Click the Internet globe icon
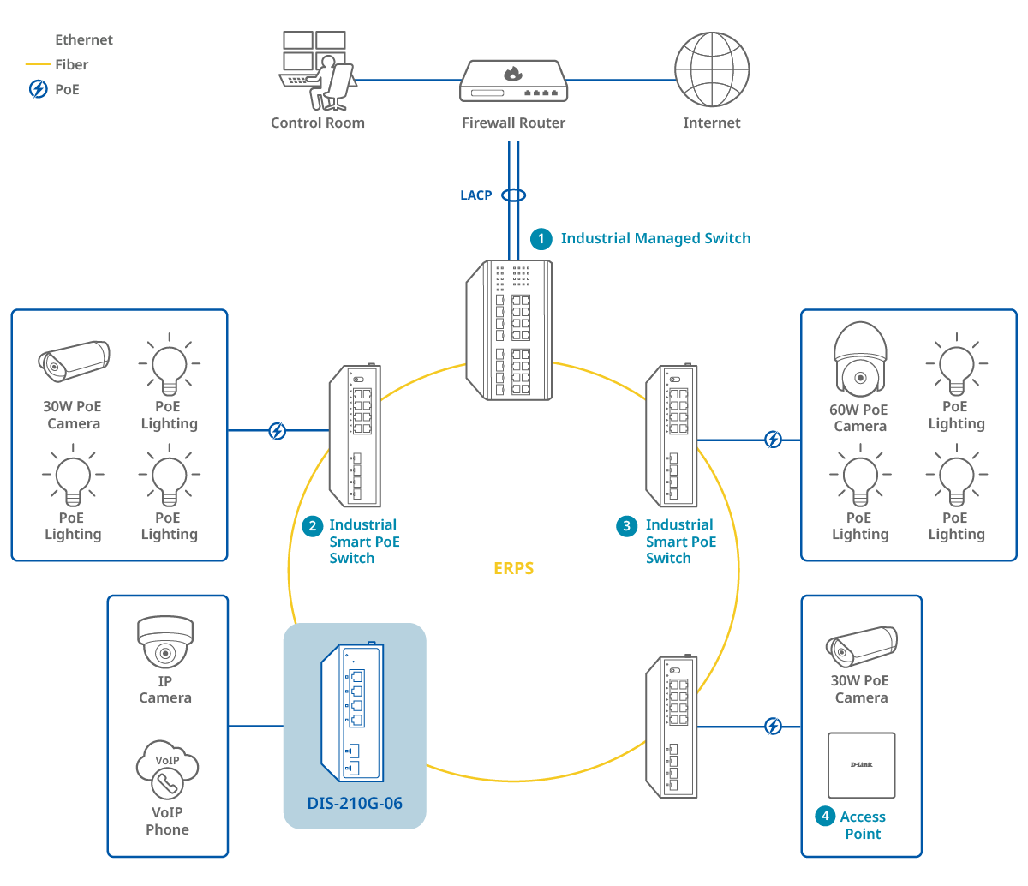712,69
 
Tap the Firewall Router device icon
512,81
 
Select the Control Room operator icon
315,70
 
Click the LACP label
475,195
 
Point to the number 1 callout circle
541,238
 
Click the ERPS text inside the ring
513,568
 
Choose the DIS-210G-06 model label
355,803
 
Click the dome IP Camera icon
165,643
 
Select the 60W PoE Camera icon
859,359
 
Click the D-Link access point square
861,765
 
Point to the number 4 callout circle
825,817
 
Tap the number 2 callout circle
314,525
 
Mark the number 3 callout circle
627,525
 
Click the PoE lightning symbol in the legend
39,88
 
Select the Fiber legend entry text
71,64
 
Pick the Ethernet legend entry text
83,39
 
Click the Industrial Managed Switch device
509,329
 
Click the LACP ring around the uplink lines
513,195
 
